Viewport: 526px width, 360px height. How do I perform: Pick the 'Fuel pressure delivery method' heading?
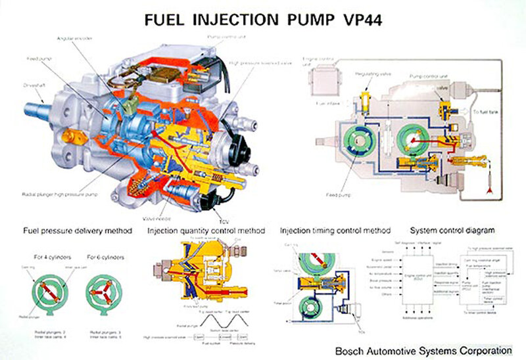[x=78, y=231]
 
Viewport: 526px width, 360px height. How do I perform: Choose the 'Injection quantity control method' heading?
[x=206, y=231]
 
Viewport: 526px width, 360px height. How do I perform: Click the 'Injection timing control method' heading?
[x=335, y=231]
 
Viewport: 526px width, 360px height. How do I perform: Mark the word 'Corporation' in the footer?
[x=483, y=349]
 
